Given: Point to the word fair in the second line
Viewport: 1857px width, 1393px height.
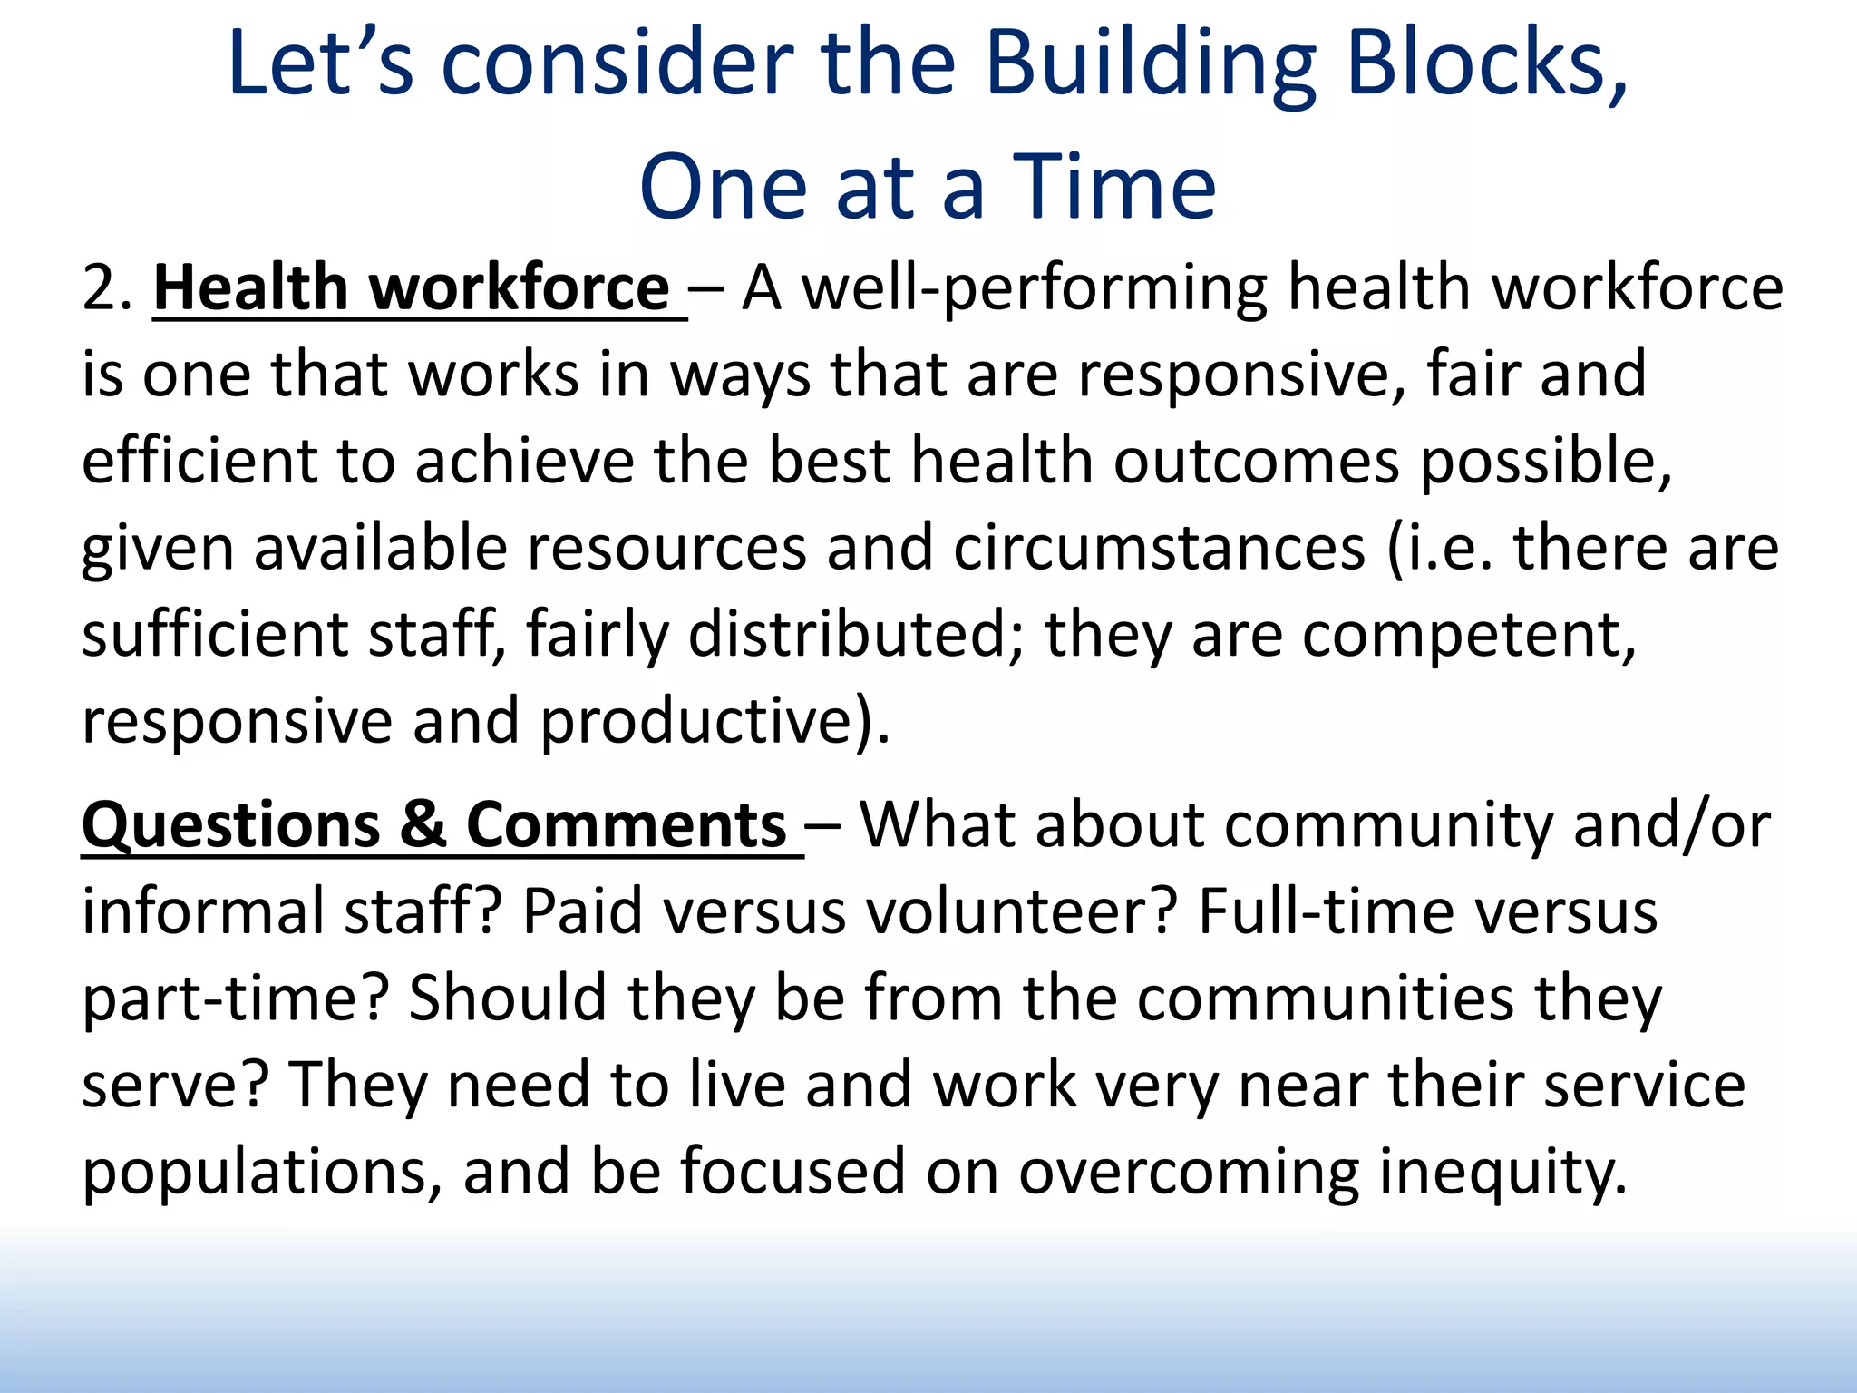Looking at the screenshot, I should pyautogui.click(x=1473, y=374).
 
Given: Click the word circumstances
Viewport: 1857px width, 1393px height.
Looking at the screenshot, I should pyautogui.click(x=1159, y=548).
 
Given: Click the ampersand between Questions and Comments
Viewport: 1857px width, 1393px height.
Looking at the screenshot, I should pyautogui.click(x=423, y=825).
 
